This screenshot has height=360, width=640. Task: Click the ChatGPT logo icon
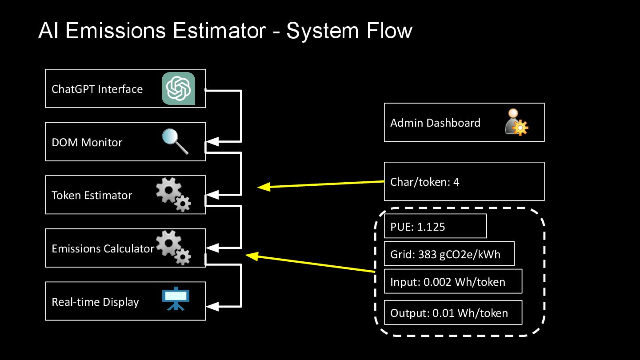(x=178, y=88)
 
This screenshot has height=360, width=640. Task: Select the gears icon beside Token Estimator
(x=173, y=194)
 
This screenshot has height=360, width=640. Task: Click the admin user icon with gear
(x=517, y=122)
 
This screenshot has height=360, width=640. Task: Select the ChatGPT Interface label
(x=97, y=89)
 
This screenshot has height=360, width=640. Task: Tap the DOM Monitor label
(x=87, y=142)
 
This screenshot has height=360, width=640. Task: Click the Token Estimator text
(x=92, y=195)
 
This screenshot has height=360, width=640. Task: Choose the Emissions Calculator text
(x=103, y=248)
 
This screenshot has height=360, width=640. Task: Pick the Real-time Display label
(x=95, y=302)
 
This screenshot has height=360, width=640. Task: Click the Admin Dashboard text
(x=435, y=123)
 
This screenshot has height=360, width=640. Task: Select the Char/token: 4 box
(x=464, y=181)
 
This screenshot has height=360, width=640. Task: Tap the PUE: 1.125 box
(x=435, y=226)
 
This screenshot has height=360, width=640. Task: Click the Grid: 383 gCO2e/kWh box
(x=449, y=254)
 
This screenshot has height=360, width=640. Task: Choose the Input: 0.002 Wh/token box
(x=452, y=281)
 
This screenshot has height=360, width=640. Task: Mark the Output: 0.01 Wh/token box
(x=452, y=313)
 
